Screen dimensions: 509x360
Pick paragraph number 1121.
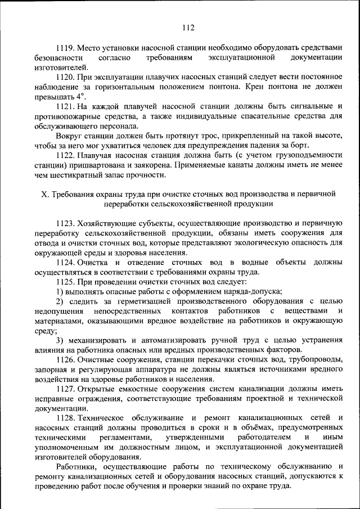pyautogui.click(x=65, y=106)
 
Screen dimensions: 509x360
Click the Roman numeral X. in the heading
pyautogui.click(x=46, y=194)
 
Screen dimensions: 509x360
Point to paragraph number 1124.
pyautogui.click(x=65, y=262)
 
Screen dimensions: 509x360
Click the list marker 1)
pyautogui.click(x=60, y=291)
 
